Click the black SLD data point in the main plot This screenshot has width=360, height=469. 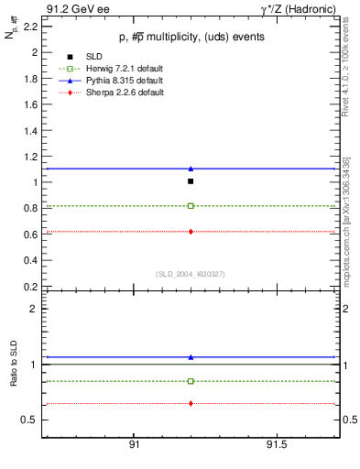click(191, 181)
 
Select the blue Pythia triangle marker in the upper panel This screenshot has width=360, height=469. click(191, 169)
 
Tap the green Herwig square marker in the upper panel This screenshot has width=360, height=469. click(191, 206)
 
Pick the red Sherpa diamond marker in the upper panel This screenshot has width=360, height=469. click(191, 232)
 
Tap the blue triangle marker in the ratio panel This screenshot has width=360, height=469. click(191, 357)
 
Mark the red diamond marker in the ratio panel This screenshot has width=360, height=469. click(191, 403)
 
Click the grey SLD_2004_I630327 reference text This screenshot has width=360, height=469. click(190, 274)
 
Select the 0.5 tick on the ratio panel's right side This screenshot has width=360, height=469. click(347, 420)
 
